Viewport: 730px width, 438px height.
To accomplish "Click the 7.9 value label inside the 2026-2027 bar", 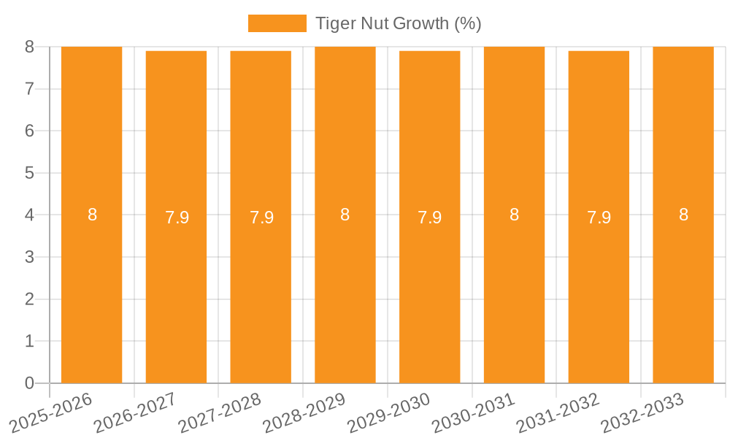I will (x=177, y=218).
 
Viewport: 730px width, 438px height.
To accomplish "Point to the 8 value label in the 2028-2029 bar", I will (x=345, y=215).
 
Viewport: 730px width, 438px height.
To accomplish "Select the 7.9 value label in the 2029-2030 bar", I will (x=429, y=218).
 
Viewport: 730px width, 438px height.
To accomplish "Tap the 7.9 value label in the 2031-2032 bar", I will (x=599, y=218).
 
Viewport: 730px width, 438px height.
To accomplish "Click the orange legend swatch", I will (x=277, y=23).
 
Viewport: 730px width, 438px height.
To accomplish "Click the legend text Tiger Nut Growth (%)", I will (x=398, y=23).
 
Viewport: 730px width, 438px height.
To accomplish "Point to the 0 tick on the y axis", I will (x=29, y=383).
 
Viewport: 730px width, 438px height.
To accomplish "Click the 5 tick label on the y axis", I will (x=29, y=173).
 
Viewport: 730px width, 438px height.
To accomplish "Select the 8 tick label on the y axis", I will (x=29, y=47).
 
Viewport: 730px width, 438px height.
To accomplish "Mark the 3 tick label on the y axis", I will (x=29, y=257).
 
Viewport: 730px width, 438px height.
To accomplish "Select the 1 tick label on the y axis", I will (x=29, y=341).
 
